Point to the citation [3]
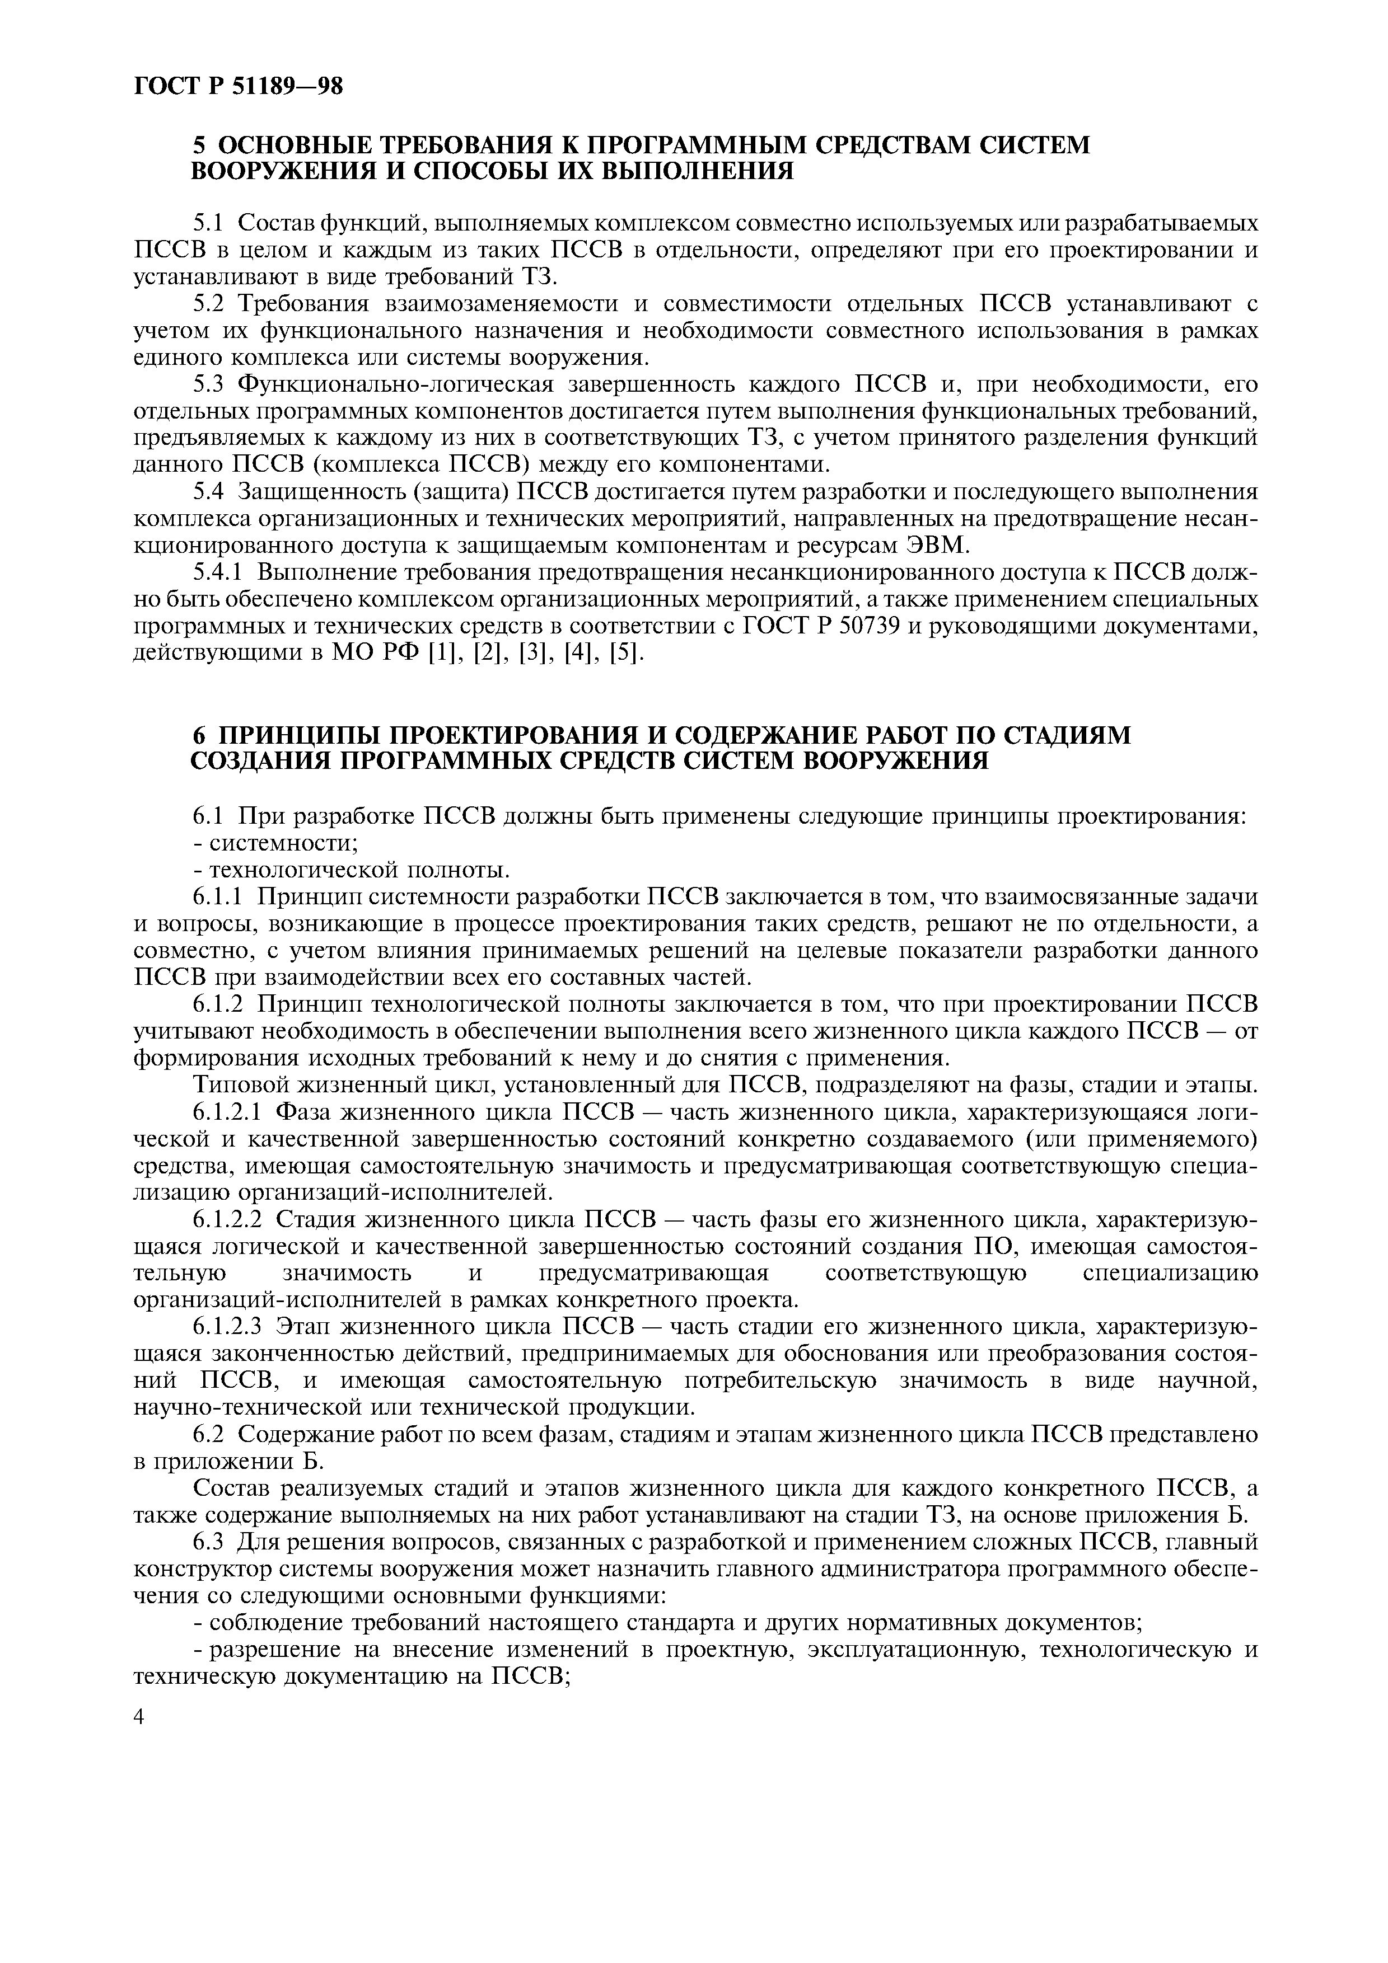[531, 653]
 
